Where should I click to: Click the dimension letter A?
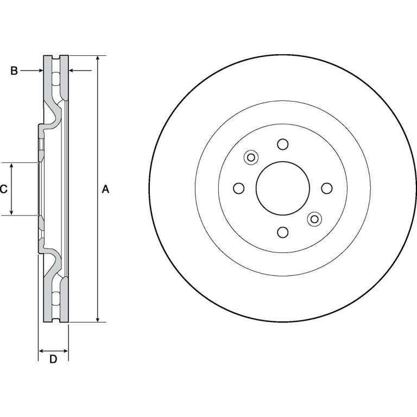point(105,189)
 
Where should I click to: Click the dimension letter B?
point(14,71)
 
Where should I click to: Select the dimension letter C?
point(3,189)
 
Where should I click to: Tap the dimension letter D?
point(53,359)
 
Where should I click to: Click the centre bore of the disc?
point(283,188)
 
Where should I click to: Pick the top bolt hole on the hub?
point(283,144)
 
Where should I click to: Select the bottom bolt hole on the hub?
point(283,232)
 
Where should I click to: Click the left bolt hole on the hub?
point(239,188)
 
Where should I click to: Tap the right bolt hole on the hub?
point(327,188)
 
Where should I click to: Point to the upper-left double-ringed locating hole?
point(251,157)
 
